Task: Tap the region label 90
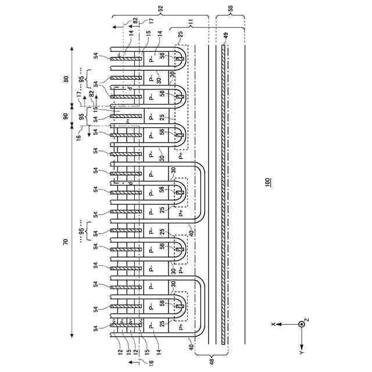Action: pyautogui.click(x=65, y=116)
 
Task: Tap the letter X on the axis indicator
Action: pyautogui.click(x=273, y=323)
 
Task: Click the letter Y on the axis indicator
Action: pyautogui.click(x=301, y=352)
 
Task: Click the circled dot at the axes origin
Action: pyautogui.click(x=301, y=323)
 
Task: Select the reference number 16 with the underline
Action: pyautogui.click(x=150, y=362)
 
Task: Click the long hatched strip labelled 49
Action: pyautogui.click(x=223, y=192)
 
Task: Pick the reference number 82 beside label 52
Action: pyautogui.click(x=135, y=20)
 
